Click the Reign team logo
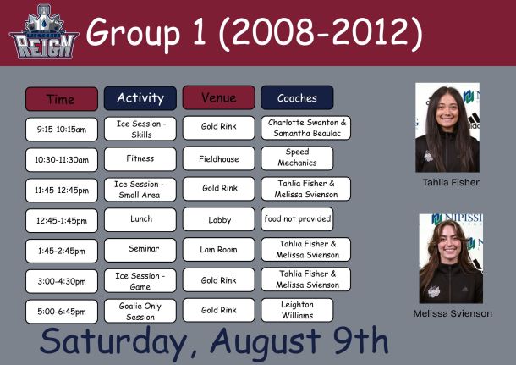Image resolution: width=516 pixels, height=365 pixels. [x=44, y=31]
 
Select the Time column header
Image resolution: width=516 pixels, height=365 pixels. [x=62, y=99]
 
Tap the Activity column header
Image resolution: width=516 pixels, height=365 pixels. [x=140, y=98]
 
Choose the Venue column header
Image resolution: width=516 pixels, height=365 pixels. [x=219, y=97]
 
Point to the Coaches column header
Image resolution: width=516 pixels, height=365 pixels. [x=297, y=97]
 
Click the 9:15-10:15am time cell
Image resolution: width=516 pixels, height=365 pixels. [x=62, y=130]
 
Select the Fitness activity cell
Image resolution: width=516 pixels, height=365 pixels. [x=140, y=158]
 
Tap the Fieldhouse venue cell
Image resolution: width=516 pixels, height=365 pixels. [x=219, y=158]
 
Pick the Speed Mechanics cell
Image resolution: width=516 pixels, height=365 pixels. [x=297, y=158]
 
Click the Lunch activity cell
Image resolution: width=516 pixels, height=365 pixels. [x=140, y=219]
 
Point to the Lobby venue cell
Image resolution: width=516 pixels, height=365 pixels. [x=219, y=219]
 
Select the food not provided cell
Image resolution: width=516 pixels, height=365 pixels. [x=297, y=219]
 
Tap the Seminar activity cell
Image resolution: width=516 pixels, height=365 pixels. [x=140, y=250]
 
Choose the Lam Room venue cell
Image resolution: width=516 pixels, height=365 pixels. [x=219, y=249]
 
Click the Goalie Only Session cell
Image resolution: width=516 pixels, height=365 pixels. [x=140, y=311]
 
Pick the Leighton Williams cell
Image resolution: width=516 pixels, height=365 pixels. [x=297, y=310]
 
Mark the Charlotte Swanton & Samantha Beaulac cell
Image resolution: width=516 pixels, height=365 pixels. [x=306, y=128]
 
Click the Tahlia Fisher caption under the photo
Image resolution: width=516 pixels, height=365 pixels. [x=451, y=182]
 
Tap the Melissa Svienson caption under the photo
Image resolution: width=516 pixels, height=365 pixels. [x=453, y=313]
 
